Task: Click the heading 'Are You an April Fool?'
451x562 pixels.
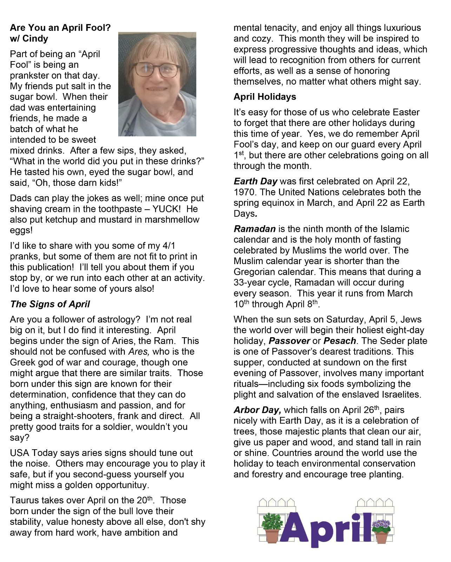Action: coord(60,27)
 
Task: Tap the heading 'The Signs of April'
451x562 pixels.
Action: coord(50,304)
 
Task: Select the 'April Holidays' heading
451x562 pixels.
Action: coord(265,97)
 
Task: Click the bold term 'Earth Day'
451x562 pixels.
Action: coord(255,182)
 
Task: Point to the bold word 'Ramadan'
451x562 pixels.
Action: coord(254,229)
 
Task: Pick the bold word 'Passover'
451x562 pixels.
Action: coord(289,341)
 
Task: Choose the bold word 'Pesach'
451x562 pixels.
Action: coord(339,341)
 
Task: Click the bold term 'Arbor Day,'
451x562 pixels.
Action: coord(257,410)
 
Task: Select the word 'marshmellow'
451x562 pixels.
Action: coord(174,220)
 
